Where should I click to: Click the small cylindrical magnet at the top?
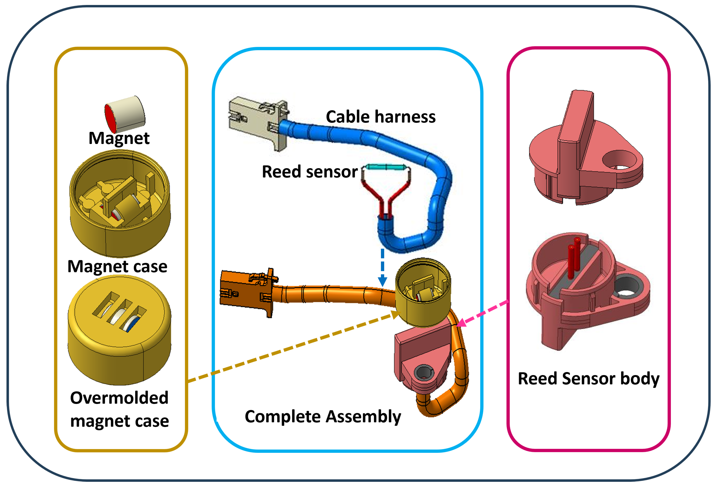point(125,113)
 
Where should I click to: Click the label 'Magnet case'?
point(117,267)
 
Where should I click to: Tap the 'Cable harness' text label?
point(381,117)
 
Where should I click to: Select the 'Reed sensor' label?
point(310,172)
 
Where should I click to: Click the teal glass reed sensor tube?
point(386,167)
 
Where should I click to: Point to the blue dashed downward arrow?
point(382,267)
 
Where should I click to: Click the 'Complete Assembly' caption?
point(323,417)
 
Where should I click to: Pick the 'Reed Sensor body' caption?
point(589,379)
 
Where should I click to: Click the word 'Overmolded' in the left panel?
point(119,398)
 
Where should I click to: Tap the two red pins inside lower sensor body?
point(574,258)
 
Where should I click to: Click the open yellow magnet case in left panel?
point(120,204)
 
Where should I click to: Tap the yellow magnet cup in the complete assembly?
point(423,294)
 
